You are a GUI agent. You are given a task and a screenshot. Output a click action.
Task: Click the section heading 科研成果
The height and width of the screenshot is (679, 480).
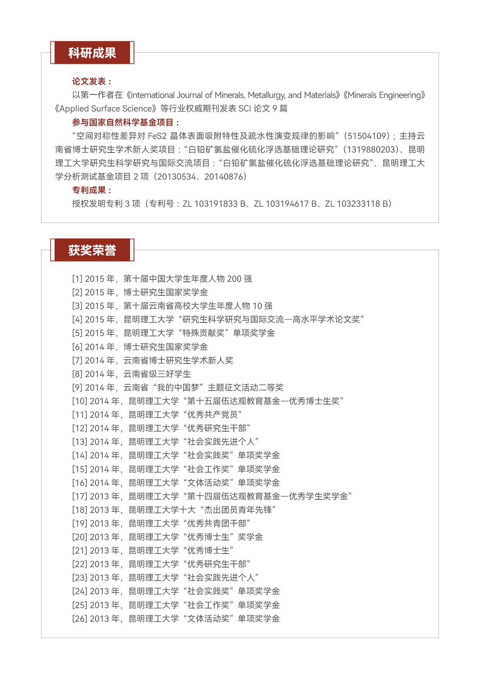92,53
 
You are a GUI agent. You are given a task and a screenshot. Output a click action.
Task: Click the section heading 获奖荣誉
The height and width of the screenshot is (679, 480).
92,250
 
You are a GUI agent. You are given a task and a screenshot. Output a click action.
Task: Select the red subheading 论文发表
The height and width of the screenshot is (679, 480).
91,81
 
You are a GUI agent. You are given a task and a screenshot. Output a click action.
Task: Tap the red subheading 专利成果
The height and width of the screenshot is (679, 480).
91,190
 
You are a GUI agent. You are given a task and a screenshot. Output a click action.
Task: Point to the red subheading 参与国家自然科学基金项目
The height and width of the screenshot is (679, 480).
125,122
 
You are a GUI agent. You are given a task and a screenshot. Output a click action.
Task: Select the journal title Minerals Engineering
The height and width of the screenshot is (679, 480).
384,95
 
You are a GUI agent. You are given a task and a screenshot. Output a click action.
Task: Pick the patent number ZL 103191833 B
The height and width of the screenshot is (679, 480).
214,204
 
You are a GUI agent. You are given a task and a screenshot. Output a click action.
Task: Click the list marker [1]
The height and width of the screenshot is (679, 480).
77,279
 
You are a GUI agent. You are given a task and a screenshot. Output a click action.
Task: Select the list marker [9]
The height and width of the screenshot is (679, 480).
77,388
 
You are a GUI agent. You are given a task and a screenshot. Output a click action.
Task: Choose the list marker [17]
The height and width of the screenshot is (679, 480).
79,496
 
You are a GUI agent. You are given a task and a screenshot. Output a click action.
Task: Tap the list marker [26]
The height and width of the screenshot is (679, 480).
79,619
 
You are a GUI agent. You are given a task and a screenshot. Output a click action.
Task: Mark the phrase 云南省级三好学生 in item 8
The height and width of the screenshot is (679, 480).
157,374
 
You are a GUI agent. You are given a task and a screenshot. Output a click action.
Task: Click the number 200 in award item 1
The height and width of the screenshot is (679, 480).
234,279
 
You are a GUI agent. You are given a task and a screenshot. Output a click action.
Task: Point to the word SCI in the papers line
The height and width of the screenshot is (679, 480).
245,109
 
